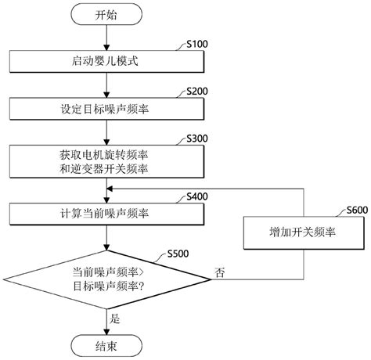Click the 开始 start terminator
106,15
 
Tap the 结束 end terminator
106,346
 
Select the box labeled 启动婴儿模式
106,61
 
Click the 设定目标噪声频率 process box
106,109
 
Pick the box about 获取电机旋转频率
106,161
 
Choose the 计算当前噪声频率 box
106,214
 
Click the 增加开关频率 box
304,232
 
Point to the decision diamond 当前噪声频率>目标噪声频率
106,279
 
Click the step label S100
197,44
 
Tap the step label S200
197,92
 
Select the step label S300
197,139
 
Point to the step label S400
197,196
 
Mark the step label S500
178,254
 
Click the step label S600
357,210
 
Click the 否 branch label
220,272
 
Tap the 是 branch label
115,319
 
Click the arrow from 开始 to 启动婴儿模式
106,38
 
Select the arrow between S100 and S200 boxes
106,85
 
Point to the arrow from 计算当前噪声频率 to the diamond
106,238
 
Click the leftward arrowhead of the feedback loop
110,189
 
